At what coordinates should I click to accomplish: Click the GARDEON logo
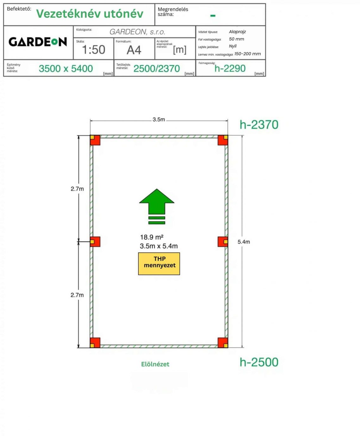click(x=38, y=42)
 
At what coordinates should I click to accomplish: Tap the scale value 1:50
click(x=93, y=50)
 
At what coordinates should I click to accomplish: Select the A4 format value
click(x=134, y=50)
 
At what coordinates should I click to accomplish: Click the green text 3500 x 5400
click(x=66, y=68)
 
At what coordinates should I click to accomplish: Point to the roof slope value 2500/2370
click(x=156, y=68)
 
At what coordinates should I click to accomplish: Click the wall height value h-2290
click(x=230, y=68)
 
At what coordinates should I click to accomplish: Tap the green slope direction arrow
click(x=157, y=206)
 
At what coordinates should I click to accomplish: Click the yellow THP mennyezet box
click(x=159, y=264)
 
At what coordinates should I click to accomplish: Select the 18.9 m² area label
click(x=152, y=237)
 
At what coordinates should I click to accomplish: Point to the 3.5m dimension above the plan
click(x=159, y=119)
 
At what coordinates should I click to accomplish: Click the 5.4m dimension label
click(x=244, y=242)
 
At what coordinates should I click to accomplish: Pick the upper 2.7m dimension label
click(x=77, y=189)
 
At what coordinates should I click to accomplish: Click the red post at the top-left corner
click(x=95, y=140)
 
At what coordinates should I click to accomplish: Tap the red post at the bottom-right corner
click(x=223, y=343)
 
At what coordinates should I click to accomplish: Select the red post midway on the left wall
click(x=95, y=242)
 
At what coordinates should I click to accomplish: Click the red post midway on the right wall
click(x=223, y=242)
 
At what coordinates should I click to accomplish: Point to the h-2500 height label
click(x=259, y=362)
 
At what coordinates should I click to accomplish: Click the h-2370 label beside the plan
click(x=259, y=125)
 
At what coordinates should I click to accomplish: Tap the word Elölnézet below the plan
click(x=155, y=364)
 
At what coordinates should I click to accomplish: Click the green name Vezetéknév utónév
click(x=90, y=14)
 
